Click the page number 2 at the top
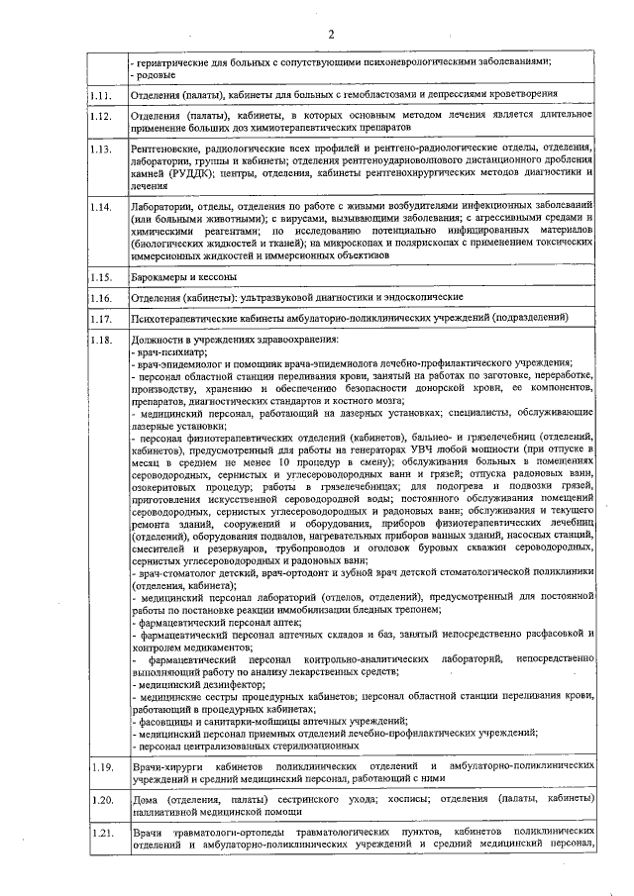(x=332, y=36)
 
